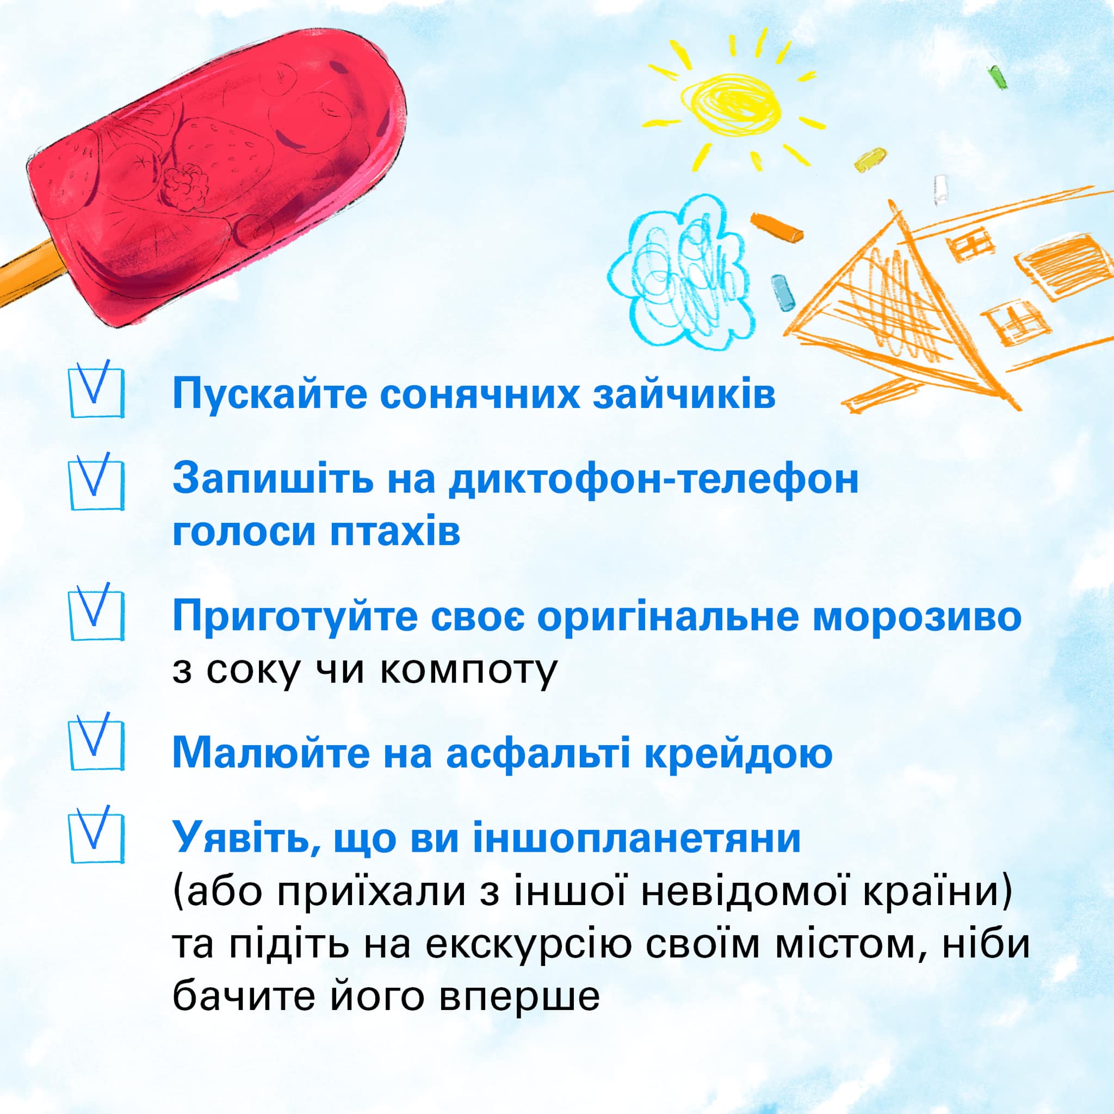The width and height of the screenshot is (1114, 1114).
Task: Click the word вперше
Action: click(519, 997)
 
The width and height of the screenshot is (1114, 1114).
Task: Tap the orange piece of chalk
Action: click(777, 227)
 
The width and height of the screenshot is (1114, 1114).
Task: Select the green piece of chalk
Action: click(998, 77)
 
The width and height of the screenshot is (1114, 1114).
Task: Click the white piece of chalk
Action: click(941, 190)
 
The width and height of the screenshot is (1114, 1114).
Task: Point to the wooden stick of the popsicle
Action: click(28, 271)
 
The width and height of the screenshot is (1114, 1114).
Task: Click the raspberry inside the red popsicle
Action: click(184, 185)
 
